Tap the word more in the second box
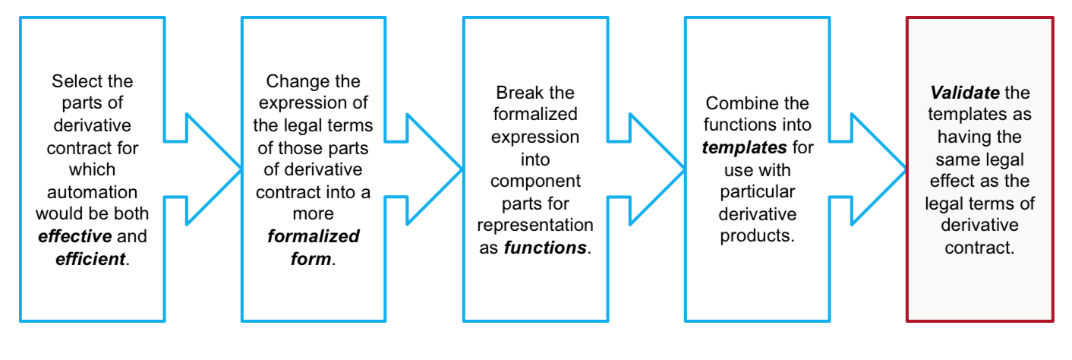(x=314, y=214)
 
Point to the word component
(x=535, y=182)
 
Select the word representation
(x=535, y=226)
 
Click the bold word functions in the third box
(x=545, y=248)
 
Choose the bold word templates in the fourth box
(x=743, y=147)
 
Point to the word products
(x=756, y=235)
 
